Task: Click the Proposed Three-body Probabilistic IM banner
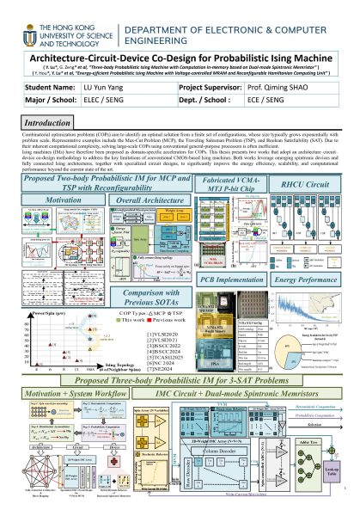pos(180,403)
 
